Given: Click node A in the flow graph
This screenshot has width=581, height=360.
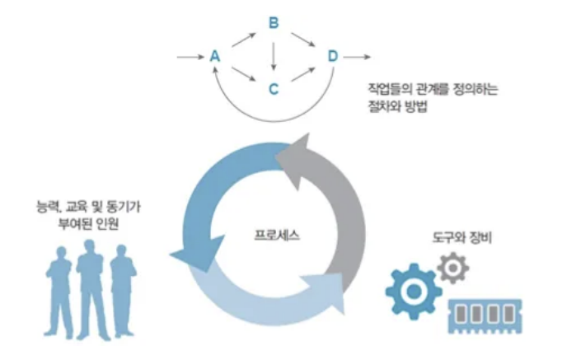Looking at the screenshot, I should point(215,57).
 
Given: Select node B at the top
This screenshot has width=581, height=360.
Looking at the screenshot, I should point(274,23).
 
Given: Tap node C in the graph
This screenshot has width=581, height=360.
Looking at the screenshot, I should point(274,86).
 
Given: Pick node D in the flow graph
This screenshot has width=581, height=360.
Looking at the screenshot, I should point(332,56).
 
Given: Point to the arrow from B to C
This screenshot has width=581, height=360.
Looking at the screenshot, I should point(274,54).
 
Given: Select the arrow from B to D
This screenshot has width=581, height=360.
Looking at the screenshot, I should point(303,39).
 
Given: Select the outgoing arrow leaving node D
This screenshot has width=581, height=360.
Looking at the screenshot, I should point(357,57).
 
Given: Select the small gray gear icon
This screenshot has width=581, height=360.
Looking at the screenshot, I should point(452,268).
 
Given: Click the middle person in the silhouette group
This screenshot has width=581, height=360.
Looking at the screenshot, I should point(90,288).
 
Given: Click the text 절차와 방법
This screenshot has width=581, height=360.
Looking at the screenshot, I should point(401,106).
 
